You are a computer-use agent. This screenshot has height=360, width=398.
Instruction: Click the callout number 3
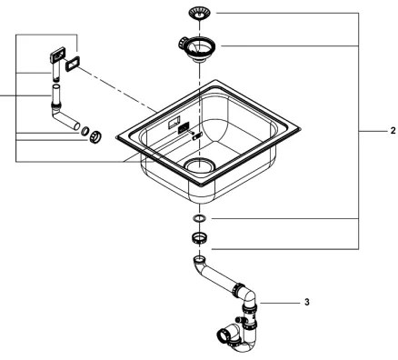coord(307,301)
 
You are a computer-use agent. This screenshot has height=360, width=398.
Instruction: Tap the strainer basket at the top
coord(198,14)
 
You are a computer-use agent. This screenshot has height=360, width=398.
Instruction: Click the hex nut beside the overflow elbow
coord(95,138)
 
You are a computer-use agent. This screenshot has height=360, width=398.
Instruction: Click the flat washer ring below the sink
coord(198,220)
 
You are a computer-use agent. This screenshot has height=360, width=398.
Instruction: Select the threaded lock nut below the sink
coord(198,239)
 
